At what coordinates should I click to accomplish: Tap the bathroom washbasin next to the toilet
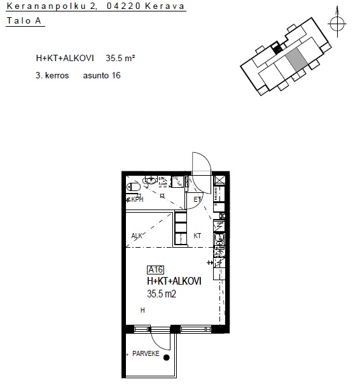pyautogui.click(x=150, y=180)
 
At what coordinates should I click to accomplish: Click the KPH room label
pyautogui.click(x=137, y=199)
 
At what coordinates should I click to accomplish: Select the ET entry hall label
pyautogui.click(x=197, y=199)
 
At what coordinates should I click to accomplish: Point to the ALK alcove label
pyautogui.click(x=137, y=236)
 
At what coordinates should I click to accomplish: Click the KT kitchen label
pyautogui.click(x=197, y=236)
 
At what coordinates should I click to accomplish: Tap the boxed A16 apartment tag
pyautogui.click(x=156, y=270)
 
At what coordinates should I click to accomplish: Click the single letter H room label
pyautogui.click(x=142, y=310)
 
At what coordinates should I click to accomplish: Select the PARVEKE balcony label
pyautogui.click(x=146, y=353)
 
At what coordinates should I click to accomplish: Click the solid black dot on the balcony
pyautogui.click(x=167, y=358)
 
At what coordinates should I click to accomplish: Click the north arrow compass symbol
pyautogui.click(x=337, y=24)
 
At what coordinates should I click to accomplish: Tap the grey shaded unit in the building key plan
pyautogui.click(x=296, y=60)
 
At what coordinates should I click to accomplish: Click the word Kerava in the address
pyautogui.click(x=165, y=6)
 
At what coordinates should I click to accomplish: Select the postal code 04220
pyautogui.click(x=123, y=6)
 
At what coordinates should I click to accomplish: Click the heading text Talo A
pyautogui.click(x=24, y=20)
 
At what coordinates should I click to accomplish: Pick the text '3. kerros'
pyautogui.click(x=52, y=75)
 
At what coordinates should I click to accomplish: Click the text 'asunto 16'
pyautogui.click(x=102, y=75)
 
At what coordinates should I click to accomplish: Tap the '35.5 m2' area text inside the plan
pyautogui.click(x=162, y=294)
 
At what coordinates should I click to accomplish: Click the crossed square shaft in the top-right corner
pyautogui.click(x=219, y=180)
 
